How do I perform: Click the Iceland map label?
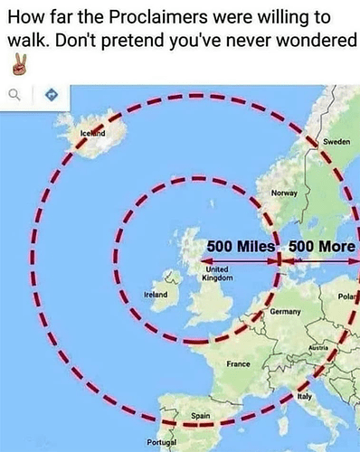92,134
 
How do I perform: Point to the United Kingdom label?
220,273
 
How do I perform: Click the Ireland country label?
156,296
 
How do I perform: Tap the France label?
238,363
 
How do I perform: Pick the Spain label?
201,415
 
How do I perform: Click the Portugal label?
162,442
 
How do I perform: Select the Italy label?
305,397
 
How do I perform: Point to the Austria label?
317,347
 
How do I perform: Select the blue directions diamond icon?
51,94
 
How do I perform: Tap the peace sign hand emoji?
17,64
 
